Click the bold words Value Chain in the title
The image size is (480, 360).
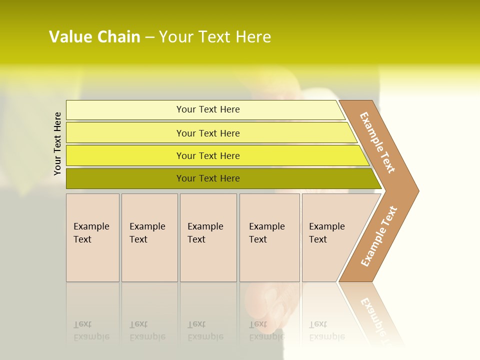(x=94, y=37)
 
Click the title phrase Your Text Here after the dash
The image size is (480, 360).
(x=215, y=37)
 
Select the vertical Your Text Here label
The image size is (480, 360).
(x=58, y=143)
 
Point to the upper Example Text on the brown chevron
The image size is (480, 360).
(x=377, y=142)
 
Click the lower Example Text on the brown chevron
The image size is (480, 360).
(x=379, y=236)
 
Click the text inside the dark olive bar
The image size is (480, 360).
(x=208, y=178)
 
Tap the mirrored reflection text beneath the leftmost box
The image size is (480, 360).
(x=91, y=331)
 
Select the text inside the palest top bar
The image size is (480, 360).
(x=208, y=109)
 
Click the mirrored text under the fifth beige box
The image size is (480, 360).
(x=326, y=331)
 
